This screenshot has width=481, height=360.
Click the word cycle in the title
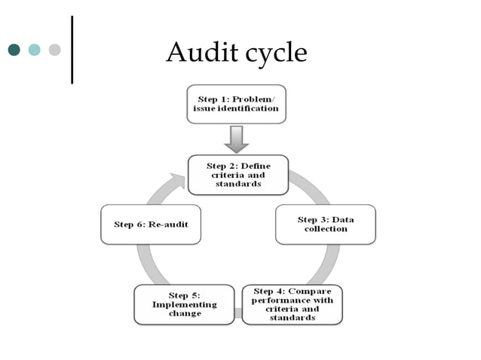[271, 53]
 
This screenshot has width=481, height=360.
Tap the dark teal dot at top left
[14, 50]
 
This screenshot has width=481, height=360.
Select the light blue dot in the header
[34, 50]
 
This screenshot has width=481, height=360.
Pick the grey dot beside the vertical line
[54, 50]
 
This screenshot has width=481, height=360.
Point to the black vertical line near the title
[72, 49]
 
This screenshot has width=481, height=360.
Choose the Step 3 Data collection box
[325, 224]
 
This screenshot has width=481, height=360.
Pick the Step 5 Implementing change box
[184, 304]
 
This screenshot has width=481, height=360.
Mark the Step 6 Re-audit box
[151, 224]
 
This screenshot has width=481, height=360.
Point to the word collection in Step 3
[326, 229]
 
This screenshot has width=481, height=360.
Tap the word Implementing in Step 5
[184, 304]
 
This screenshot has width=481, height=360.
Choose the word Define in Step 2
[254, 165]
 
